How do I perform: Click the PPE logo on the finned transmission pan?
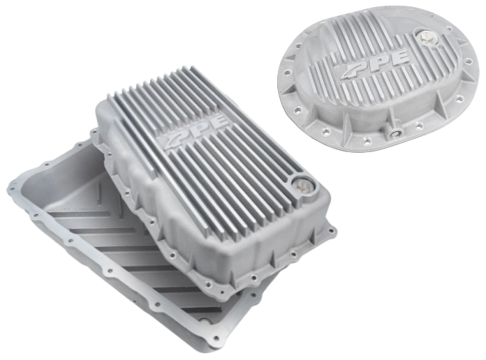[x=196, y=131]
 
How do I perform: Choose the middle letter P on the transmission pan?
[x=197, y=131]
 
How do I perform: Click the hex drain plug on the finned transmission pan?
[x=302, y=186]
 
